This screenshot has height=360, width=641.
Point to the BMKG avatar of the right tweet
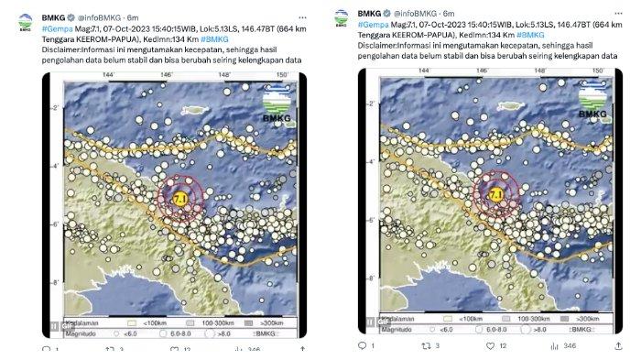click(342, 17)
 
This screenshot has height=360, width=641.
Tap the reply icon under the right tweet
click(360, 345)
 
